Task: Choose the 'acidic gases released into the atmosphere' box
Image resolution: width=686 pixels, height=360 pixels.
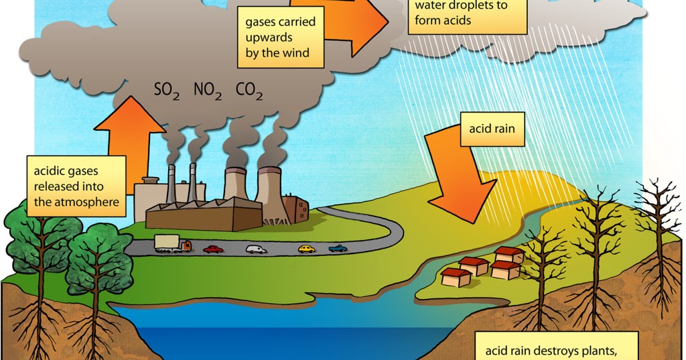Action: pyautogui.click(x=76, y=186)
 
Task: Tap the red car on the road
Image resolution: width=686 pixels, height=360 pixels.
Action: pyautogui.click(x=213, y=249)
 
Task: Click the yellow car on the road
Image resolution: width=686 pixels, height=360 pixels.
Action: pyautogui.click(x=306, y=249)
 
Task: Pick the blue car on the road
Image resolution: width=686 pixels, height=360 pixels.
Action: pyautogui.click(x=338, y=249)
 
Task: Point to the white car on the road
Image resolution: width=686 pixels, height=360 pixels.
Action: pyautogui.click(x=256, y=249)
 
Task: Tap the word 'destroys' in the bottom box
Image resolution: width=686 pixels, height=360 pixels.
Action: pyautogui.click(x=561, y=351)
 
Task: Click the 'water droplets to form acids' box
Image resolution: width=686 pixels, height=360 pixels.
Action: pyautogui.click(x=462, y=13)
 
